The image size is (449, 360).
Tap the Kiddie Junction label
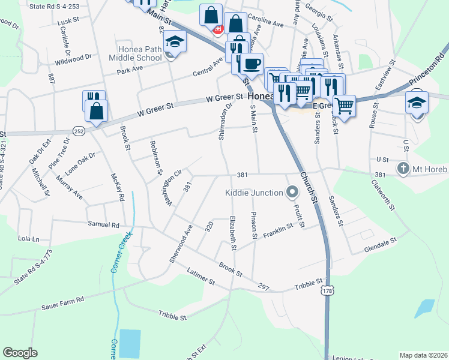[254, 193]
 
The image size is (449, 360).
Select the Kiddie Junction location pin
[292, 193]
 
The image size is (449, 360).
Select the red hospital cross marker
[218, 28]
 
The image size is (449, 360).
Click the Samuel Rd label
[104, 225]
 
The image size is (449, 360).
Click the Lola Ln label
[28, 238]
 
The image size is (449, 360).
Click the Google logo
[20, 353]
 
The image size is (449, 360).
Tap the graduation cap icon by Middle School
[175, 41]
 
